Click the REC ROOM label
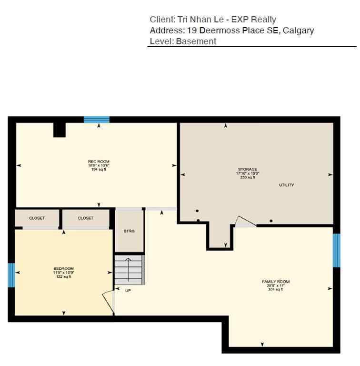99,162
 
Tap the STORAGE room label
248,169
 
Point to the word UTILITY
287,185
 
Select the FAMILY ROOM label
276,282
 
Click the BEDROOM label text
63,269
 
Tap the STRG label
129,231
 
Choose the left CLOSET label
37,218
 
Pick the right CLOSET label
86,218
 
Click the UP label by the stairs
128,290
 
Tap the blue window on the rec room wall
97,120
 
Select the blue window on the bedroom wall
11,275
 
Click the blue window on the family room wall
336,250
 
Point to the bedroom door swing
108,301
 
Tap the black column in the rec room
59,130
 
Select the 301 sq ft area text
276,289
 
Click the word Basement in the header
196,41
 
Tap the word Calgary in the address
299,30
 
